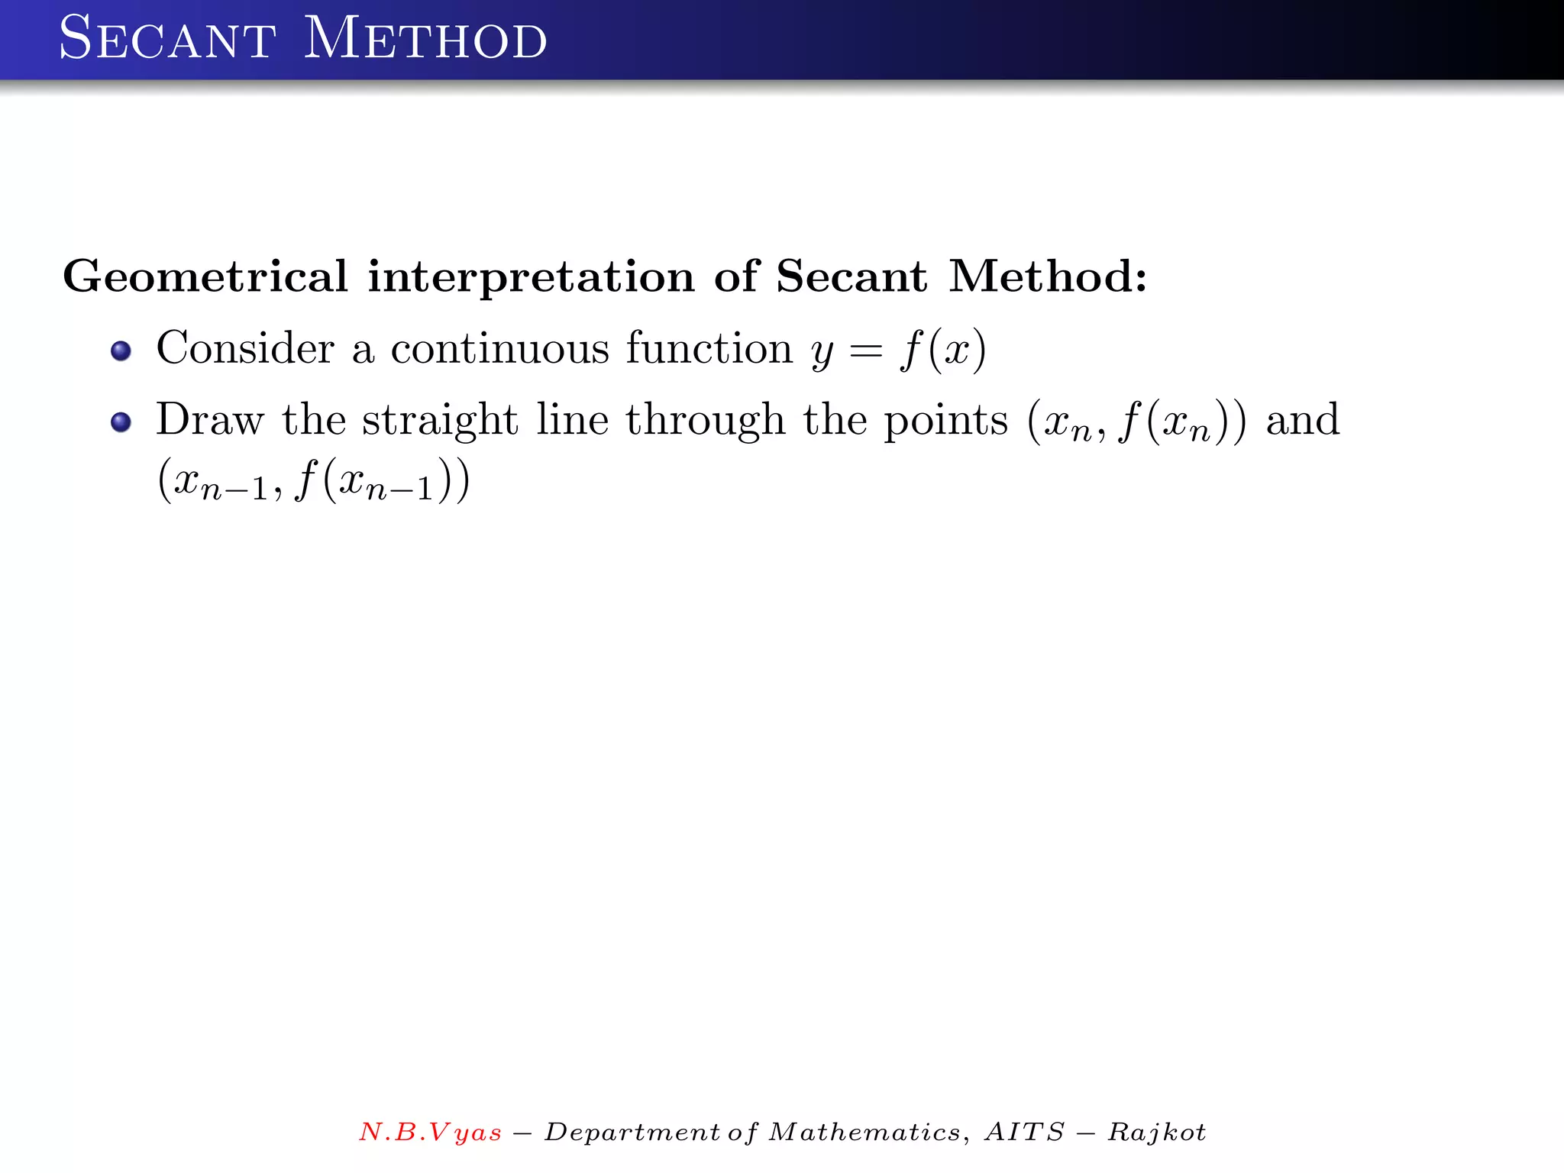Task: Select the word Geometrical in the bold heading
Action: coord(205,276)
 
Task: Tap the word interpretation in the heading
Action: coord(531,276)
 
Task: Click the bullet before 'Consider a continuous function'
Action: coord(121,351)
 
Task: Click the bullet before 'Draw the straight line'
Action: coord(121,422)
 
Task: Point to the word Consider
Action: coord(245,348)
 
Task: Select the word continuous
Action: coord(500,348)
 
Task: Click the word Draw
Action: coord(210,420)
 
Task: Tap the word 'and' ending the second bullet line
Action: coord(1303,420)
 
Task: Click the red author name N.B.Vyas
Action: coord(431,1132)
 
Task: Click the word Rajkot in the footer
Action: coord(1157,1132)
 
